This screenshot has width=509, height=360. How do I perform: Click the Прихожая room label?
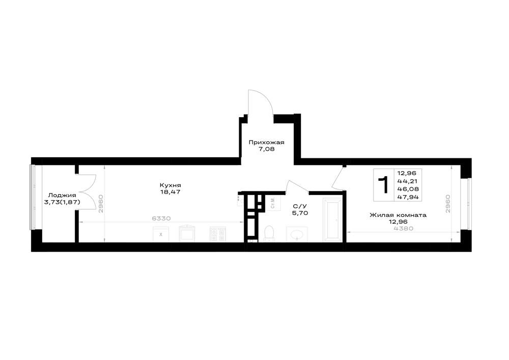pos(266,142)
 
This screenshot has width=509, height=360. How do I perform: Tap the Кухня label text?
pos(170,185)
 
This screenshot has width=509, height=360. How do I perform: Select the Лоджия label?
pos(62,195)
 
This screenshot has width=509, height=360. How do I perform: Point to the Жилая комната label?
pos(398,215)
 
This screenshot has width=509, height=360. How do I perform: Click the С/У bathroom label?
pos(300,206)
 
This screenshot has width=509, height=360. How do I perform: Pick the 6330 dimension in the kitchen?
pos(161,218)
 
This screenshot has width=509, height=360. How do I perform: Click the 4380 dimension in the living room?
pos(404,228)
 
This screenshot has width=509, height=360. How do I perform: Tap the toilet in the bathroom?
pos(269,233)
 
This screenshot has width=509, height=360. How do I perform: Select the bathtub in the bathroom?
pos(332,220)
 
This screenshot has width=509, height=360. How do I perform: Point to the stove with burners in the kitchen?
pos(218,234)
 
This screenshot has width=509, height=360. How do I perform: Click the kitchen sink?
pos(188,233)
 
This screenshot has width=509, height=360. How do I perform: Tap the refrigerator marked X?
pos(161,234)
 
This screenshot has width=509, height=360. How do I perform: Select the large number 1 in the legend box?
pos(384,185)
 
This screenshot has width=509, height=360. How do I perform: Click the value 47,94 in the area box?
pos(410,197)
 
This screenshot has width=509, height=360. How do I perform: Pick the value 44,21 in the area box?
pos(410,181)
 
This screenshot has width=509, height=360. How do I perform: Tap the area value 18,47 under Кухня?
pos(171,192)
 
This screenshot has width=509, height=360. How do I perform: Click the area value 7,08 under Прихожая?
pos(267,149)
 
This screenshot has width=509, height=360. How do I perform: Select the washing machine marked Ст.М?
pos(272,203)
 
